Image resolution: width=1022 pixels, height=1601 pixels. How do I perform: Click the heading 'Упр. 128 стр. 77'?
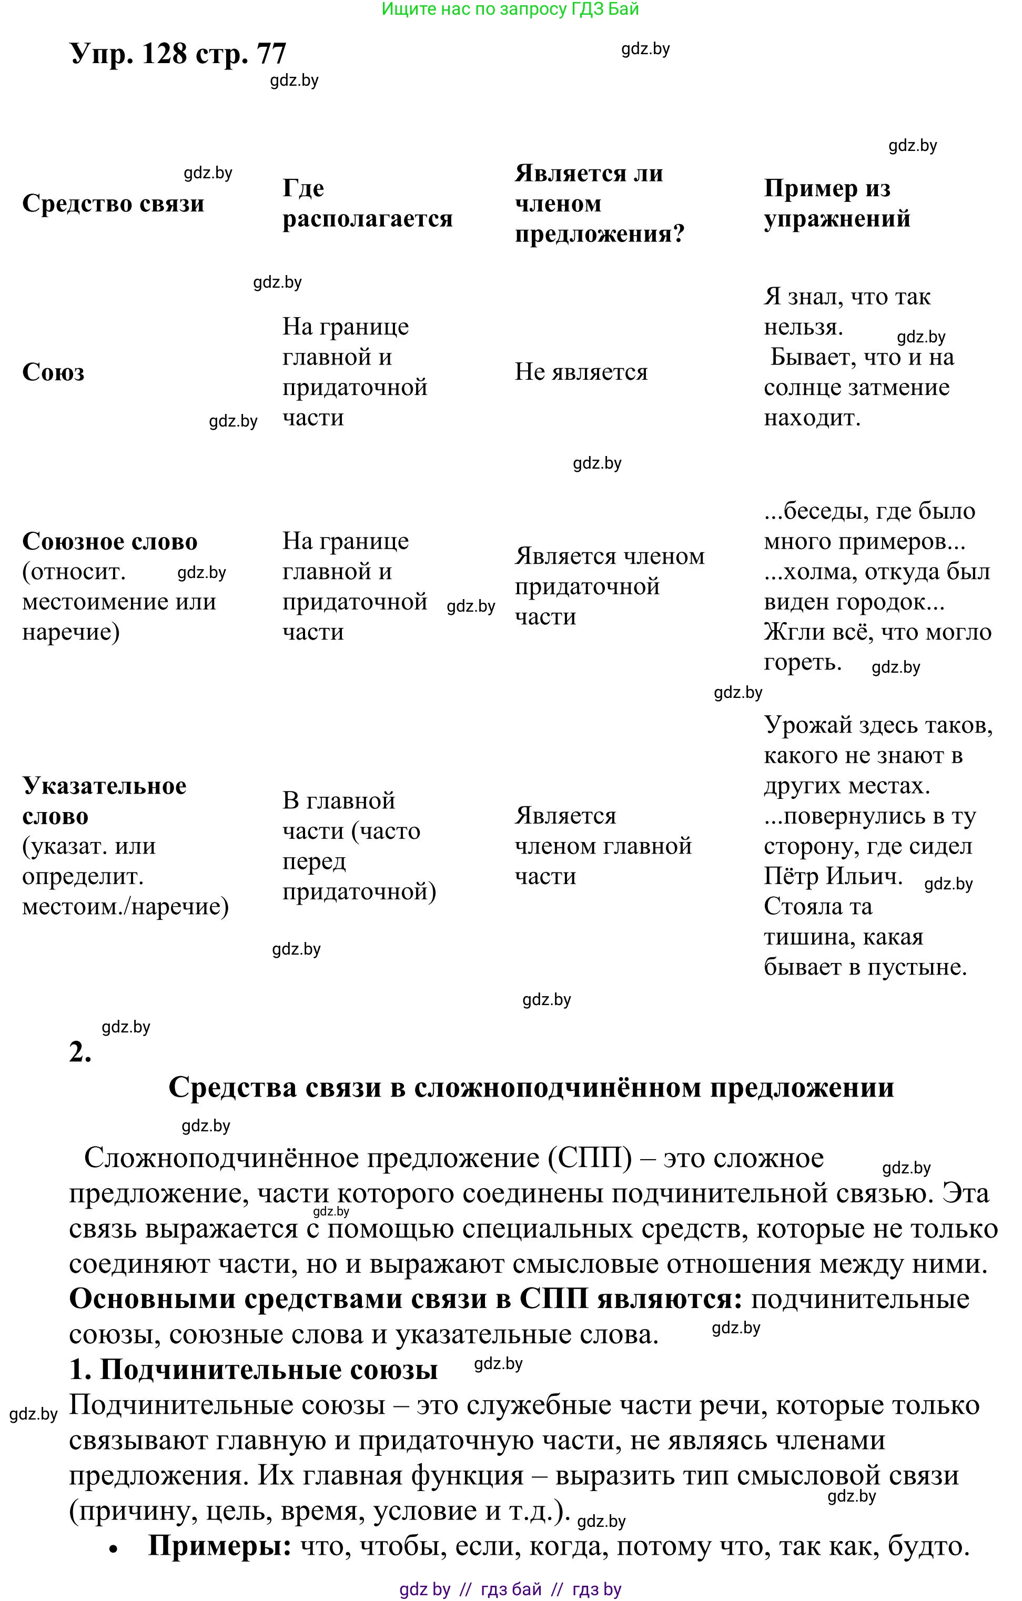point(178,53)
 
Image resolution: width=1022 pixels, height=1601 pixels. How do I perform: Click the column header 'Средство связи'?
point(113,204)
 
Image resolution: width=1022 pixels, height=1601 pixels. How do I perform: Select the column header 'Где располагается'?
point(367,204)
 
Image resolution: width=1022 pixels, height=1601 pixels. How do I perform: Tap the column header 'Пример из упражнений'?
point(836,204)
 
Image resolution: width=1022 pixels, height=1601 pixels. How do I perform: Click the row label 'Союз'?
point(53,372)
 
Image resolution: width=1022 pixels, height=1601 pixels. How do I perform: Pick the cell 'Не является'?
point(581,372)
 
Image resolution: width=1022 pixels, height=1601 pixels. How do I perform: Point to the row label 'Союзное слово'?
point(110,542)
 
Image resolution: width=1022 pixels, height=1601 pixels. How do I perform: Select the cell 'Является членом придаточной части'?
point(609,586)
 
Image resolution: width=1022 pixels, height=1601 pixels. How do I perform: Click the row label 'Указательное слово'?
point(104,800)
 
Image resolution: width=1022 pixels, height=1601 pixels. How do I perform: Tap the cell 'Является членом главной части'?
point(602,846)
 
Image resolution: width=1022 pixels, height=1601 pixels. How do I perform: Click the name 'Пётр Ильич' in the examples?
point(833,876)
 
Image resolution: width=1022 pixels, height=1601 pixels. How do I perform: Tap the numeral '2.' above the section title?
point(80,1052)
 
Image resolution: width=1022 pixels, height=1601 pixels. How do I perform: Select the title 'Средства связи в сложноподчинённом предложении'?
point(531,1088)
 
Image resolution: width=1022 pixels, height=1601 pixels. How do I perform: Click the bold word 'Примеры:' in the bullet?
point(219,1546)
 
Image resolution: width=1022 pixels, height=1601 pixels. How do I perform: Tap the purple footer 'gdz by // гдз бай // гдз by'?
point(510,1589)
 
